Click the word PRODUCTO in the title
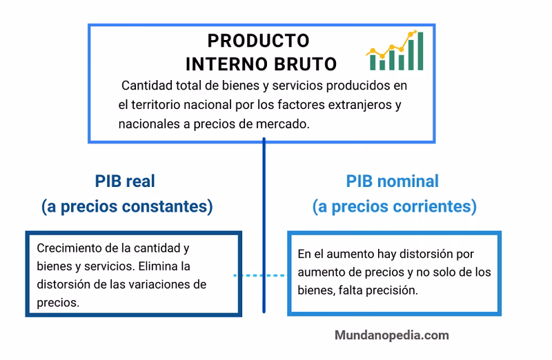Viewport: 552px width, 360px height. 258,41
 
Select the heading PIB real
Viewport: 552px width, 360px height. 125,181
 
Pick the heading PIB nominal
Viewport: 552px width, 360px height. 392,181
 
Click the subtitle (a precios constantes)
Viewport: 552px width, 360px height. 126,206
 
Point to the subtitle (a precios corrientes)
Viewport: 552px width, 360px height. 394,206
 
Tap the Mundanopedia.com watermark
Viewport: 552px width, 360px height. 392,335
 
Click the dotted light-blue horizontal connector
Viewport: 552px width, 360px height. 259,275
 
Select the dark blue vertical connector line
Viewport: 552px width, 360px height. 264,207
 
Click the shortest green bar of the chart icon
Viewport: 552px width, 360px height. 374,63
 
